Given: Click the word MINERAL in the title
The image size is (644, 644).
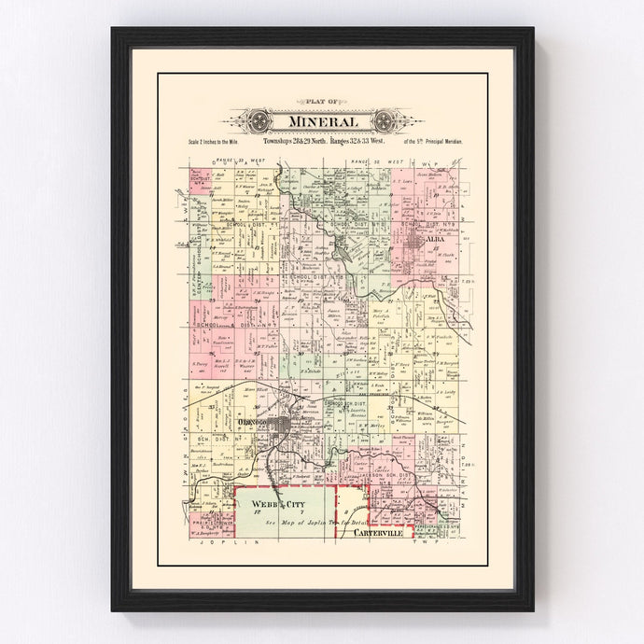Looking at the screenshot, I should (321, 121).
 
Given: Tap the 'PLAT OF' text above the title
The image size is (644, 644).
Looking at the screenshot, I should (321, 104).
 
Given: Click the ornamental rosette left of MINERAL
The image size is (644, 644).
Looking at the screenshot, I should (259, 121).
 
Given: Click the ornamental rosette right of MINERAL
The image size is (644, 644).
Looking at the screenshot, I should (384, 121).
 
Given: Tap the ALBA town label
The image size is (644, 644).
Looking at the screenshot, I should (435, 239).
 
